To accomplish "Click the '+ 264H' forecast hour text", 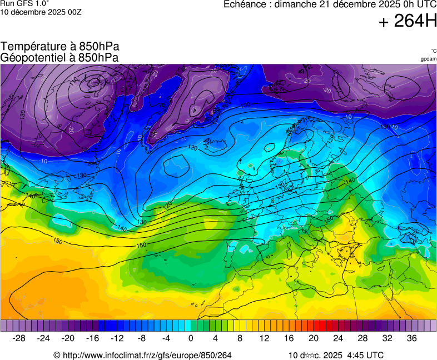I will pyautogui.click(x=408, y=21).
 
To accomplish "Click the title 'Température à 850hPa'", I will pyautogui.click(x=60, y=47).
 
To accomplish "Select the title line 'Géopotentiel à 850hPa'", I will pyautogui.click(x=59, y=57).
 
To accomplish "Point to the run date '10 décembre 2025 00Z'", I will pyautogui.click(x=41, y=12).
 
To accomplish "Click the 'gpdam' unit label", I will pyautogui.click(x=428, y=59).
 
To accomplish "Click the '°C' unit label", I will pyautogui.click(x=433, y=51).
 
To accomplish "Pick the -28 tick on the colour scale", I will pyautogui.click(x=19, y=338).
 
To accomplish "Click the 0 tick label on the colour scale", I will pyautogui.click(x=191, y=338).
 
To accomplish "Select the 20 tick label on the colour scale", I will pyautogui.click(x=314, y=338).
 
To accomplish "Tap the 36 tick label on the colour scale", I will pyautogui.click(x=411, y=338).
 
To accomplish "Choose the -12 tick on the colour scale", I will pyautogui.click(x=117, y=338).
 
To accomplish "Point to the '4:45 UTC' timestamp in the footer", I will pyautogui.click(x=365, y=355).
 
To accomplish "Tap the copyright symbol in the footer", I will pyautogui.click(x=57, y=355).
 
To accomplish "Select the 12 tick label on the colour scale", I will pyautogui.click(x=265, y=338).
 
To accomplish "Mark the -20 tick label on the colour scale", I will pyautogui.click(x=68, y=338).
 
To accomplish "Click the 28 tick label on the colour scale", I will pyautogui.click(x=362, y=338).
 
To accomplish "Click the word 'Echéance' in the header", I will pyautogui.click(x=246, y=4).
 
